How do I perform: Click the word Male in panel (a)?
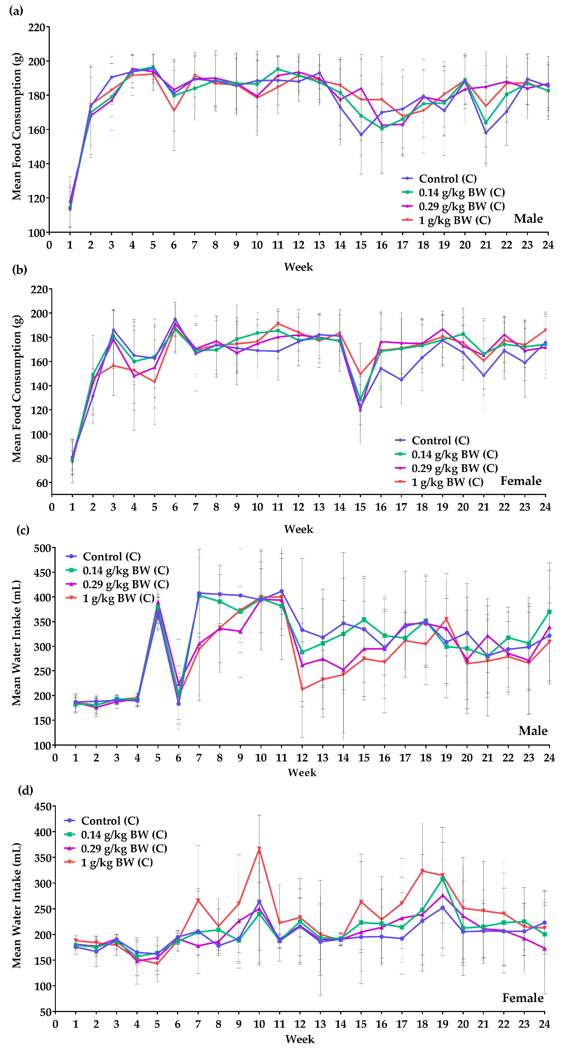click(x=528, y=219)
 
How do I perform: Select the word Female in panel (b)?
click(x=521, y=481)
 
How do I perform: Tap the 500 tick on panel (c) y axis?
click(x=42, y=548)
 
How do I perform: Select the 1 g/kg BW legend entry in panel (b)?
click(x=447, y=482)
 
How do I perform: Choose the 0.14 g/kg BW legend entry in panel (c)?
click(x=125, y=570)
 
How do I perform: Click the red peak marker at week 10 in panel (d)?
click(x=259, y=849)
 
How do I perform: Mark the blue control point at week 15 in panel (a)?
click(x=361, y=135)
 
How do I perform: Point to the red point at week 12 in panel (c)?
click(x=302, y=689)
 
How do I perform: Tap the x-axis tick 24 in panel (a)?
click(x=548, y=245)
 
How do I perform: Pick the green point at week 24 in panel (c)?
click(x=549, y=611)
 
